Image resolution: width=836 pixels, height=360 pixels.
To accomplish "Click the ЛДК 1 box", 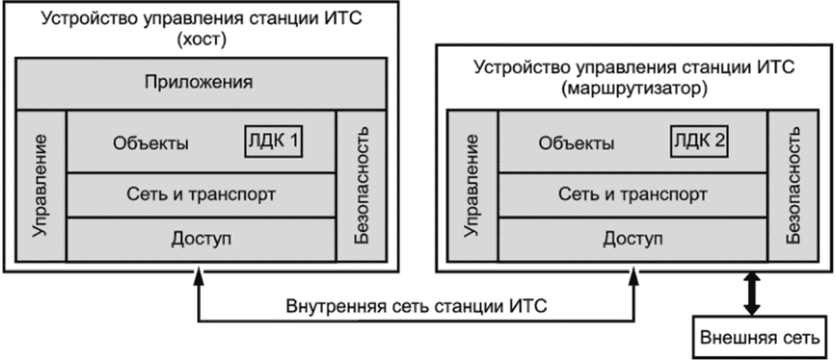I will pos(274,142).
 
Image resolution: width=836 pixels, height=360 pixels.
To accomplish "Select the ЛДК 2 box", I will pos(698,142).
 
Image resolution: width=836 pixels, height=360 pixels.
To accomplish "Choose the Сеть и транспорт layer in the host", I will pos(202,194).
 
